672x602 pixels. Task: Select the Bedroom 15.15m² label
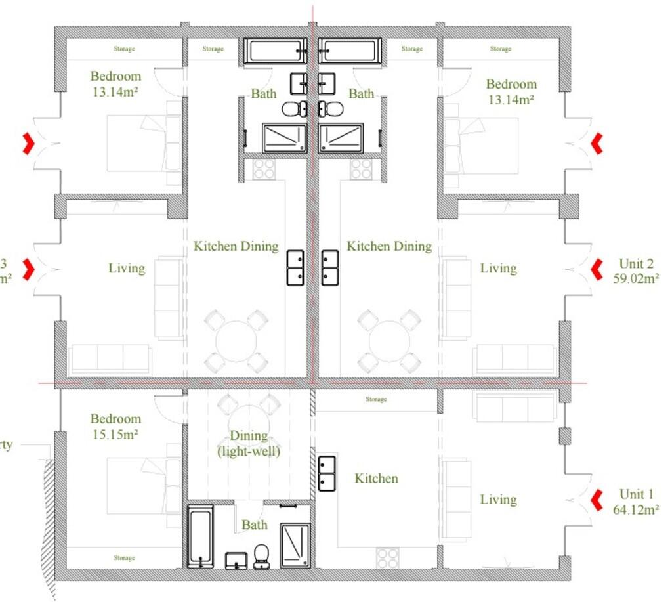pos(115,426)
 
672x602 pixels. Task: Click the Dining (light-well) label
pos(249,443)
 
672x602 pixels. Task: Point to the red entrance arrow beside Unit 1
pos(597,500)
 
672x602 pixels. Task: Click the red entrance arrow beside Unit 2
pos(597,269)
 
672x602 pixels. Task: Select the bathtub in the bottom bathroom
pos(200,536)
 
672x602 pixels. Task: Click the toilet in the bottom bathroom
pos(262,555)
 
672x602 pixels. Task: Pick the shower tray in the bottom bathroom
pos(295,545)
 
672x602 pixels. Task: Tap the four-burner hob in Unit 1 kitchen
pos(387,558)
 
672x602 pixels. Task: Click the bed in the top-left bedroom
pos(144,143)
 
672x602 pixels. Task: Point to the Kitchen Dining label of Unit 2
pos(389,247)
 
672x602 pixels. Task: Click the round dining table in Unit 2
pos(389,341)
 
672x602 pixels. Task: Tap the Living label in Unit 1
pos(498,500)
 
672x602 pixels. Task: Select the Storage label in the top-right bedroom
pos(501,49)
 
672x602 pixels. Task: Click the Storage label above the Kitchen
pos(376,399)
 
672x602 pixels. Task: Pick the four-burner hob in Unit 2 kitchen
pos(361,169)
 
